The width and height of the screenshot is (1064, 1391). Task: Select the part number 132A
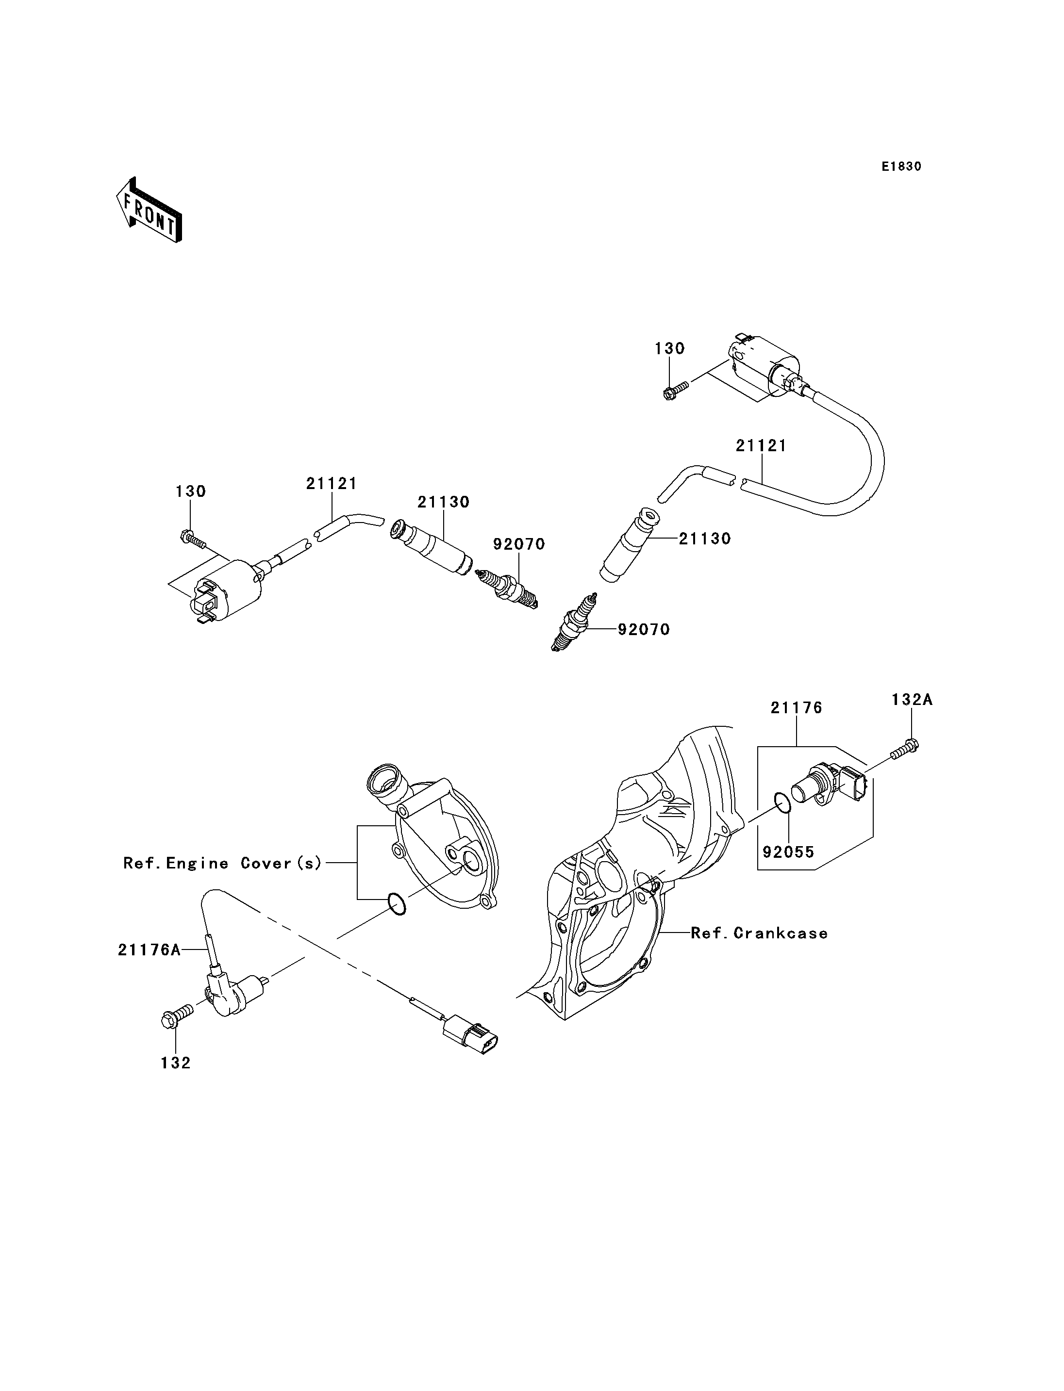click(912, 700)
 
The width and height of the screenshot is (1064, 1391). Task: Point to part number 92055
click(788, 852)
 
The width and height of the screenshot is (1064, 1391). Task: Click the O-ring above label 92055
click(782, 802)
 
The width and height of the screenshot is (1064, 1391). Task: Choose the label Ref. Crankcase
click(759, 933)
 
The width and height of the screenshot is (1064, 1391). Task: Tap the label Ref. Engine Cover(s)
click(223, 863)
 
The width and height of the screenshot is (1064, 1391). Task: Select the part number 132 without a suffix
click(175, 1063)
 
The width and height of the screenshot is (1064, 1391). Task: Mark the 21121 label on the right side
click(761, 446)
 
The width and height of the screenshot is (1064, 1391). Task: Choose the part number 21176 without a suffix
click(796, 707)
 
